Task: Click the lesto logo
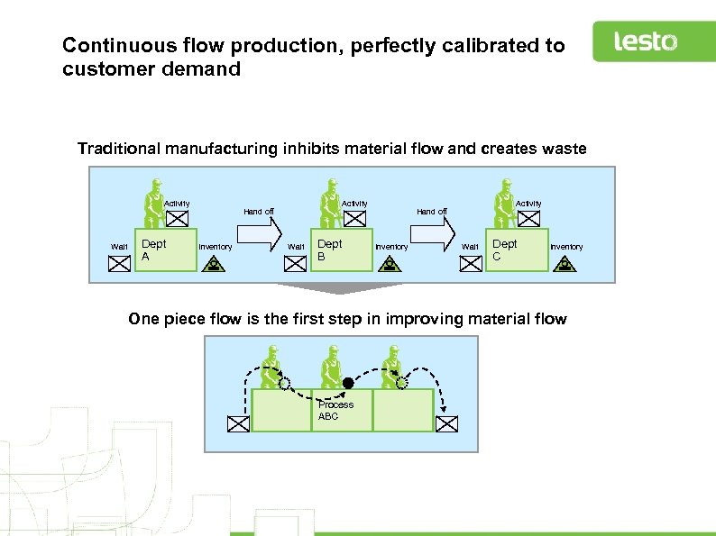point(646,41)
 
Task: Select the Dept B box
point(342,250)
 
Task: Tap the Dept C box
point(518,250)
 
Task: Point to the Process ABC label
point(335,410)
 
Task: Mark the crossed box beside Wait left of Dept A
point(119,264)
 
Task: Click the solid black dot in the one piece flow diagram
point(348,383)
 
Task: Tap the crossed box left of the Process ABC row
point(237,422)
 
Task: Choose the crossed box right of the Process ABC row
point(448,422)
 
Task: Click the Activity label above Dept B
point(353,204)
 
